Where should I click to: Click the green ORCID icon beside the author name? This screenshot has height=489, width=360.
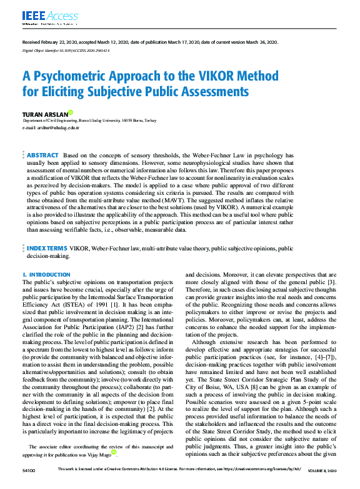[71, 112]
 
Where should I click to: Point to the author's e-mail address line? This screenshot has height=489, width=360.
[51, 127]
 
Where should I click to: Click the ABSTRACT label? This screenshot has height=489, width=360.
[42, 155]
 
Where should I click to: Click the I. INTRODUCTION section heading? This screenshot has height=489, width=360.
[46, 275]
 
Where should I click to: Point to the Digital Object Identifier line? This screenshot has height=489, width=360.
[66, 49]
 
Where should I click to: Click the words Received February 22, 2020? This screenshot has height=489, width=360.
[52, 42]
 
